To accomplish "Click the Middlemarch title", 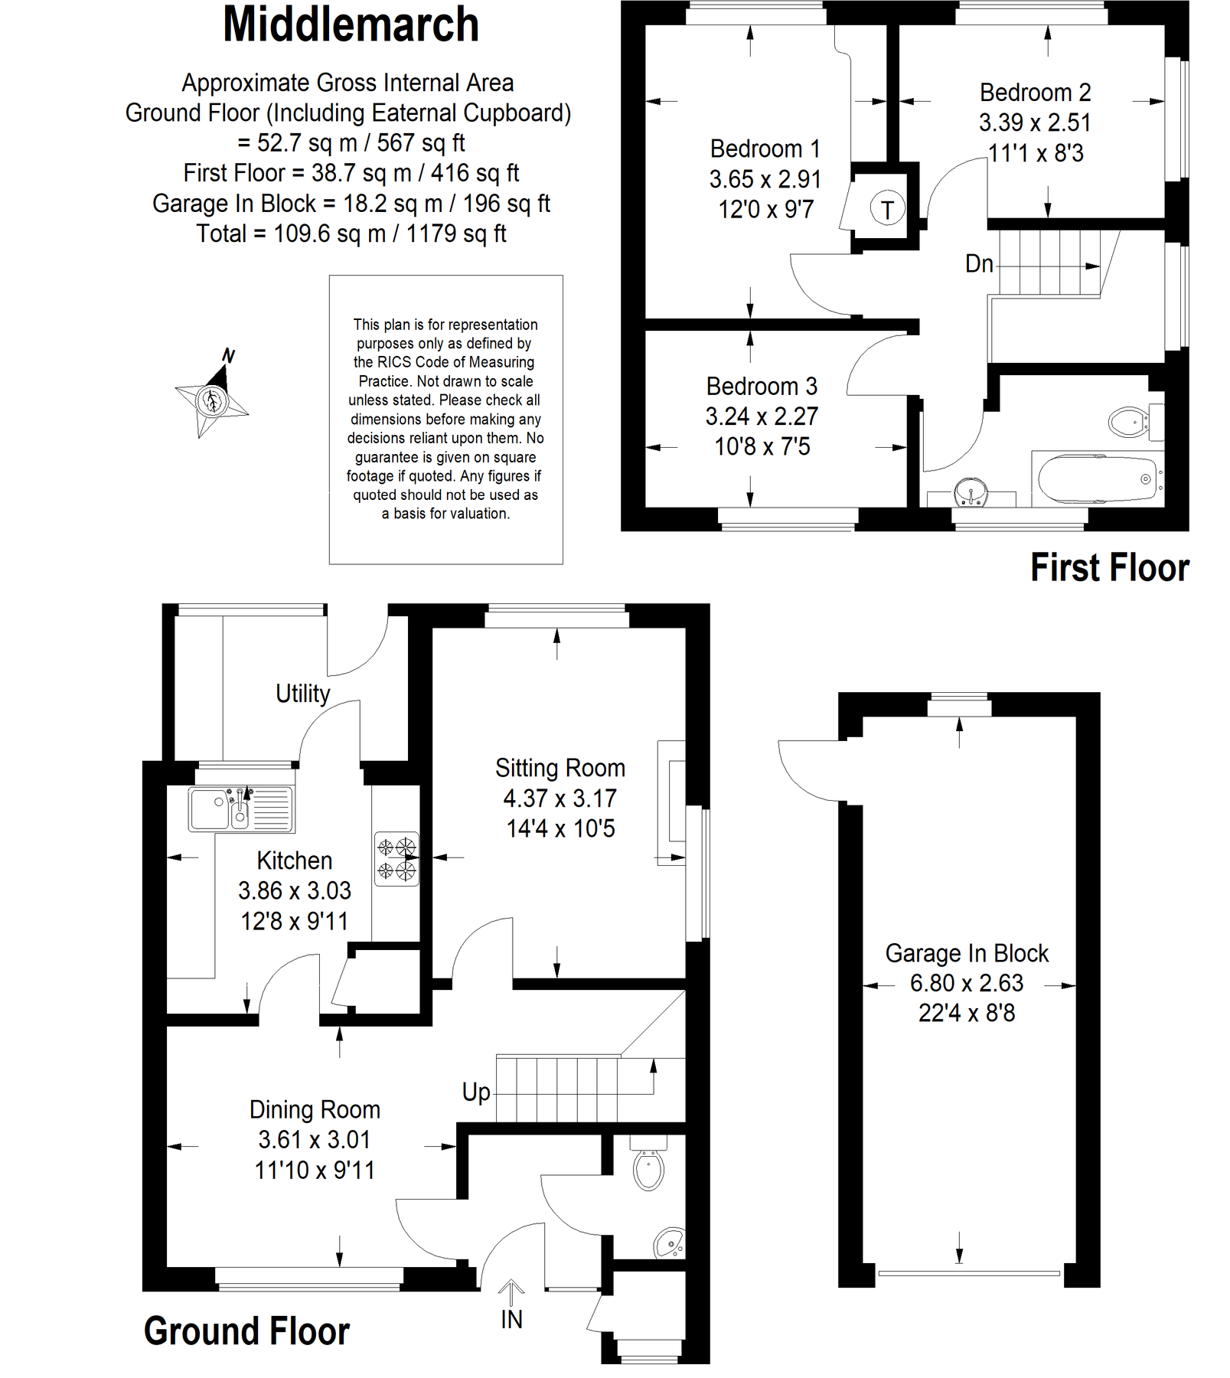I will [x=351, y=25].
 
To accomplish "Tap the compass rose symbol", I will [x=210, y=400].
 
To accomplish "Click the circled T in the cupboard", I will [x=887, y=208].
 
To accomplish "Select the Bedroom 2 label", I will [x=1035, y=93].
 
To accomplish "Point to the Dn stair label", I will [x=979, y=264].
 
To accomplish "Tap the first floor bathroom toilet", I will [x=1130, y=421].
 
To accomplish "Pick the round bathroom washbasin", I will [x=971, y=491].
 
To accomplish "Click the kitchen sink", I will [x=240, y=808].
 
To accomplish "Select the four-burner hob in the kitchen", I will [x=396, y=858].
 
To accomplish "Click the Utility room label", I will [x=302, y=694].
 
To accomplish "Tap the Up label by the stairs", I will [x=475, y=1092].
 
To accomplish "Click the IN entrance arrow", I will [x=511, y=1294].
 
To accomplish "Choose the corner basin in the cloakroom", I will [x=670, y=1243].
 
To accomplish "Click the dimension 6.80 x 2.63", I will [x=966, y=983].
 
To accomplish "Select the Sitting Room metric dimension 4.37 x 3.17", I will [x=560, y=798].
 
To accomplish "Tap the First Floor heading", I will [x=1109, y=568].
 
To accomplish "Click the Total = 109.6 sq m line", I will [x=351, y=233].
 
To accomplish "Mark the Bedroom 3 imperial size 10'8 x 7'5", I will [x=762, y=446].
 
